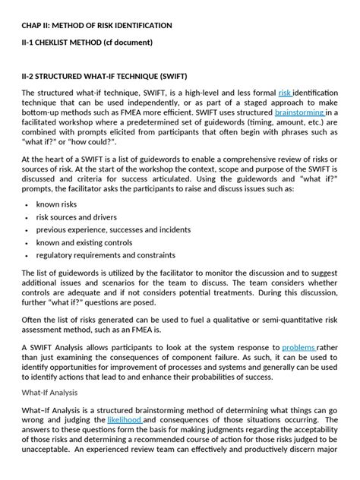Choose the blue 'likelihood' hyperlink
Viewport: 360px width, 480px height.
point(125,419)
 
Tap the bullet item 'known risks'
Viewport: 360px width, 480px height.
point(58,205)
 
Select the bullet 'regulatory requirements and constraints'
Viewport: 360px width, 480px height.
point(106,255)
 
